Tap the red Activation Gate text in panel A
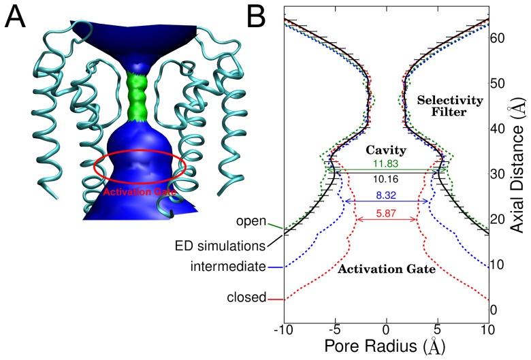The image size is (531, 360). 139,192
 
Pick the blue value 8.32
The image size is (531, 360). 386,195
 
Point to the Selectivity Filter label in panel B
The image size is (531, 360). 455,107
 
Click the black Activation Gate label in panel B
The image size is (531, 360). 386,269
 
